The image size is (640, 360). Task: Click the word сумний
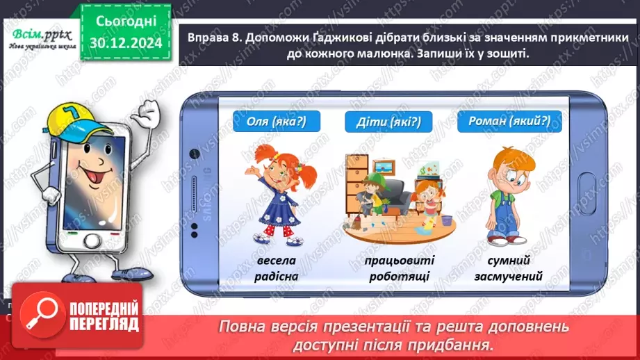pyautogui.click(x=509, y=261)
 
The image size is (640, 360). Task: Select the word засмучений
pyautogui.click(x=509, y=277)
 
